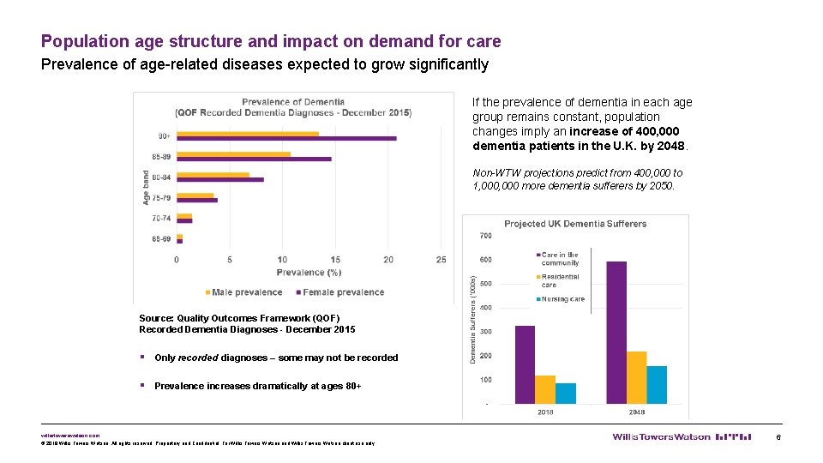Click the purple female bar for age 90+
[286, 138]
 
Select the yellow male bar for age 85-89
[233, 154]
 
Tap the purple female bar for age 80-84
[220, 179]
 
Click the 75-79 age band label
[160, 197]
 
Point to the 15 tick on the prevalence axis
[335, 260]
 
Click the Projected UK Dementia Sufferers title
[575, 224]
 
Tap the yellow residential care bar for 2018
[545, 389]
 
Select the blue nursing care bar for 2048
[657, 385]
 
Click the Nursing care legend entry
[562, 299]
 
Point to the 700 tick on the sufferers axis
[485, 236]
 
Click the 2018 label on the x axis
[545, 412]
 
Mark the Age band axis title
[146, 186]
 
